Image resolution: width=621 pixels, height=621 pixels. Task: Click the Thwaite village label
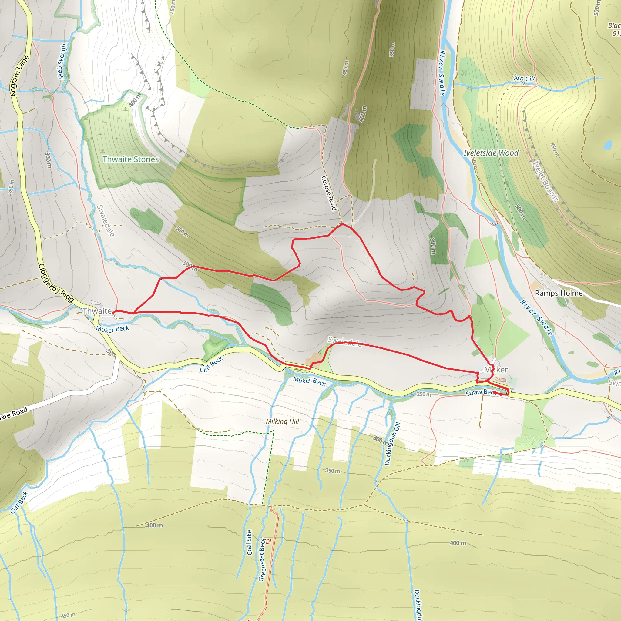(x=97, y=311)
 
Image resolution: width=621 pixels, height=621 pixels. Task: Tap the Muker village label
(x=496, y=370)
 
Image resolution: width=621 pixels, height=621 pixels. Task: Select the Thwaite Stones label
(x=130, y=159)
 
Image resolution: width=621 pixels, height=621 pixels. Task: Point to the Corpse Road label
(x=329, y=193)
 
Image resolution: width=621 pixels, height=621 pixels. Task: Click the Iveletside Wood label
(x=491, y=153)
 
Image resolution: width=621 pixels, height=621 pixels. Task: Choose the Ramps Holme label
(x=559, y=293)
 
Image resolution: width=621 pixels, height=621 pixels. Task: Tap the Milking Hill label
(x=282, y=421)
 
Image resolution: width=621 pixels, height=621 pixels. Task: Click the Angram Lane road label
(x=20, y=76)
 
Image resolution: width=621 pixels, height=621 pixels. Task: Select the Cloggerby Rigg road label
(x=56, y=283)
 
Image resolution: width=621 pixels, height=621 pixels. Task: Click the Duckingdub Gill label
(x=392, y=444)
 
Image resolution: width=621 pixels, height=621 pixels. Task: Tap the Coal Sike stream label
(x=249, y=542)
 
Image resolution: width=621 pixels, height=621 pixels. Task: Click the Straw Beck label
(x=480, y=392)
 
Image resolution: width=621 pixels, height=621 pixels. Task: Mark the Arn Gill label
(x=524, y=79)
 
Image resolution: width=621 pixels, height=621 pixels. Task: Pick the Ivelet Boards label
(x=545, y=181)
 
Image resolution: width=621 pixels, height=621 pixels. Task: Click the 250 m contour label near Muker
(x=424, y=394)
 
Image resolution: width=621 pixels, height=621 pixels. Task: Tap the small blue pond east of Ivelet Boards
(x=607, y=145)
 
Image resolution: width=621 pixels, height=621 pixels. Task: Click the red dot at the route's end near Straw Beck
(x=501, y=394)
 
